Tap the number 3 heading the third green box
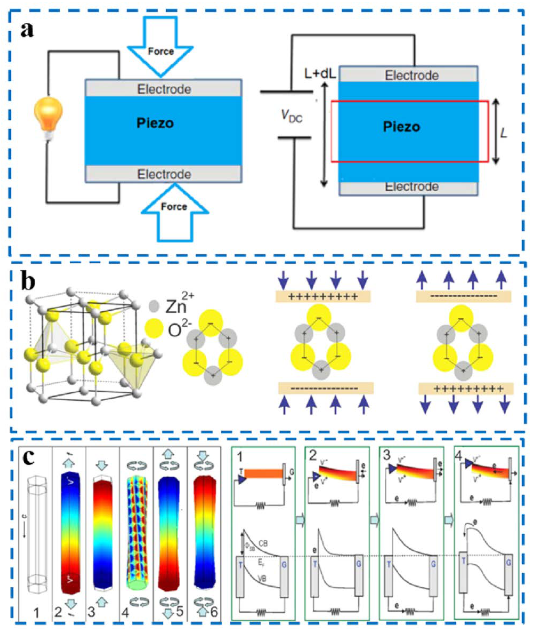click(x=387, y=456)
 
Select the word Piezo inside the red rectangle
click(x=401, y=127)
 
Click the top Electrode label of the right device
click(x=411, y=75)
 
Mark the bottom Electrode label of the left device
click(x=164, y=174)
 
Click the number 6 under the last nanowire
click(x=214, y=611)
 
